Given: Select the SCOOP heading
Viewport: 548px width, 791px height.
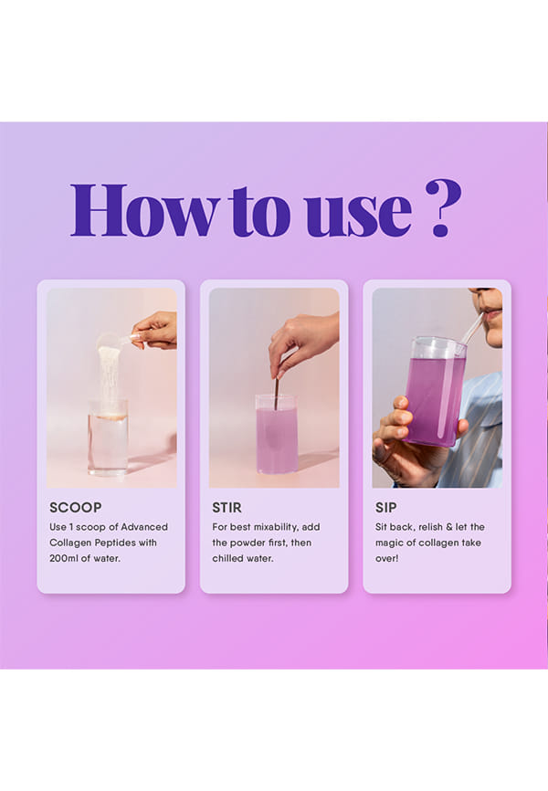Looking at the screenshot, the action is pos(76,508).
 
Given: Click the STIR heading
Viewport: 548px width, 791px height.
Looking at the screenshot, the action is pos(227,508).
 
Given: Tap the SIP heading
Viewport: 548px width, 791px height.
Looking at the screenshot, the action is pos(386,508).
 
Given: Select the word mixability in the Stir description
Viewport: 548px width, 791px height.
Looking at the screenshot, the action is pos(276,527).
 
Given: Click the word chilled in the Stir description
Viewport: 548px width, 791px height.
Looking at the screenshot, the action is pos(227,558).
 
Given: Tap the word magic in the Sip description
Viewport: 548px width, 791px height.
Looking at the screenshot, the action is pos(390,543).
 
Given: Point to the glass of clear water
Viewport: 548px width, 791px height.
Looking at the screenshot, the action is pos(108,438).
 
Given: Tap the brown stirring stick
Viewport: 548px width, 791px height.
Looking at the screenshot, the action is pos(277,393).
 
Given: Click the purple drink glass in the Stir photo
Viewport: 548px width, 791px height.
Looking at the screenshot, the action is pos(277,434).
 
